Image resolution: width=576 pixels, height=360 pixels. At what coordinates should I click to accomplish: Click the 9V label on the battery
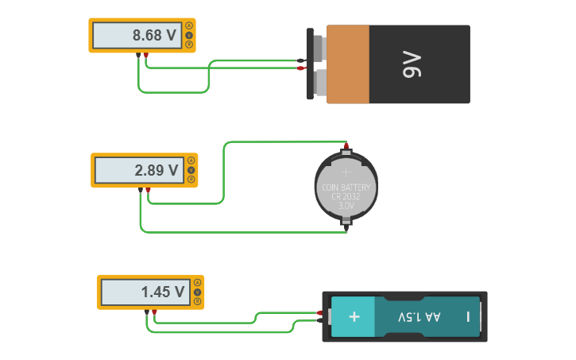[412, 64]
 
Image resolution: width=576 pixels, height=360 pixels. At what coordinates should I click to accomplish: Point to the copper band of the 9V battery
[347, 64]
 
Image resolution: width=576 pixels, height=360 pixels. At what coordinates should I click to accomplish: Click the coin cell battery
[346, 188]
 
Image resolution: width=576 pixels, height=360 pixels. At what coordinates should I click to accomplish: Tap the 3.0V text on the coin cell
[346, 205]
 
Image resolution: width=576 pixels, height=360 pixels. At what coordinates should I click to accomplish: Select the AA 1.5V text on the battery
[419, 317]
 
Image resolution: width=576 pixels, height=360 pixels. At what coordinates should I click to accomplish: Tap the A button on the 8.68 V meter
[189, 25]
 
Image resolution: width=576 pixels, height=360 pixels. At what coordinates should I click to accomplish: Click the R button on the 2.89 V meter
[191, 180]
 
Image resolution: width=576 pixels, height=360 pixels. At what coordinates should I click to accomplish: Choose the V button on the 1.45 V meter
[197, 292]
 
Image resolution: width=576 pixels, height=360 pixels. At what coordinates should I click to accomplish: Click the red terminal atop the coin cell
[346, 146]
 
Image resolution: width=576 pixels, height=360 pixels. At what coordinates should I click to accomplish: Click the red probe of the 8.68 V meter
[146, 55]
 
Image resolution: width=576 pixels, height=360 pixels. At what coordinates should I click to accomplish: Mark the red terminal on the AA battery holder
[319, 313]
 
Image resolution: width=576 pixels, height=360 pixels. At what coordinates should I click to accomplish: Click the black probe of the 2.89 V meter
[141, 190]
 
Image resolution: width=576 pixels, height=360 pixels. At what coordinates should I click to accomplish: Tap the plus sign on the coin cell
[346, 170]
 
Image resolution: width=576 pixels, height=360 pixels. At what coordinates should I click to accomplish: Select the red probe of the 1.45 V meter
[154, 312]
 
